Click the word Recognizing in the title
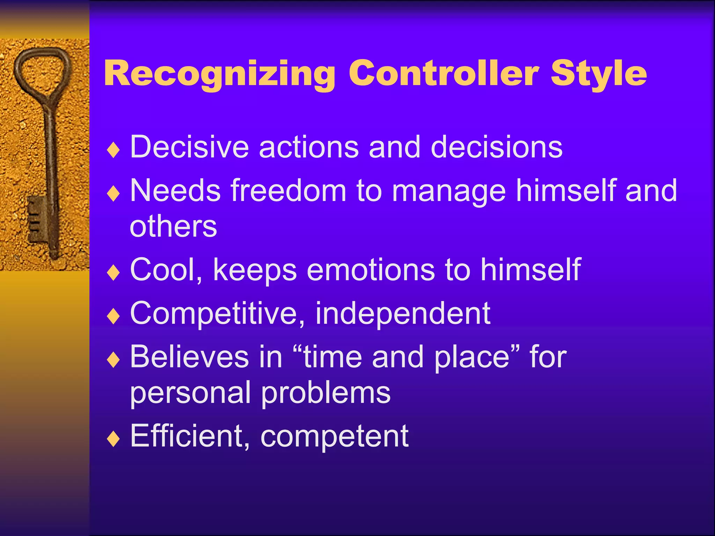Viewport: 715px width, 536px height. pos(219,74)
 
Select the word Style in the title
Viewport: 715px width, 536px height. pos(598,74)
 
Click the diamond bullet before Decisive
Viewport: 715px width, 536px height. pos(113,150)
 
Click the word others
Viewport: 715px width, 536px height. pos(173,226)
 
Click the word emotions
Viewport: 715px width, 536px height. pos(370,270)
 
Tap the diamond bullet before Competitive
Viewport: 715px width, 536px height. pos(113,316)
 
